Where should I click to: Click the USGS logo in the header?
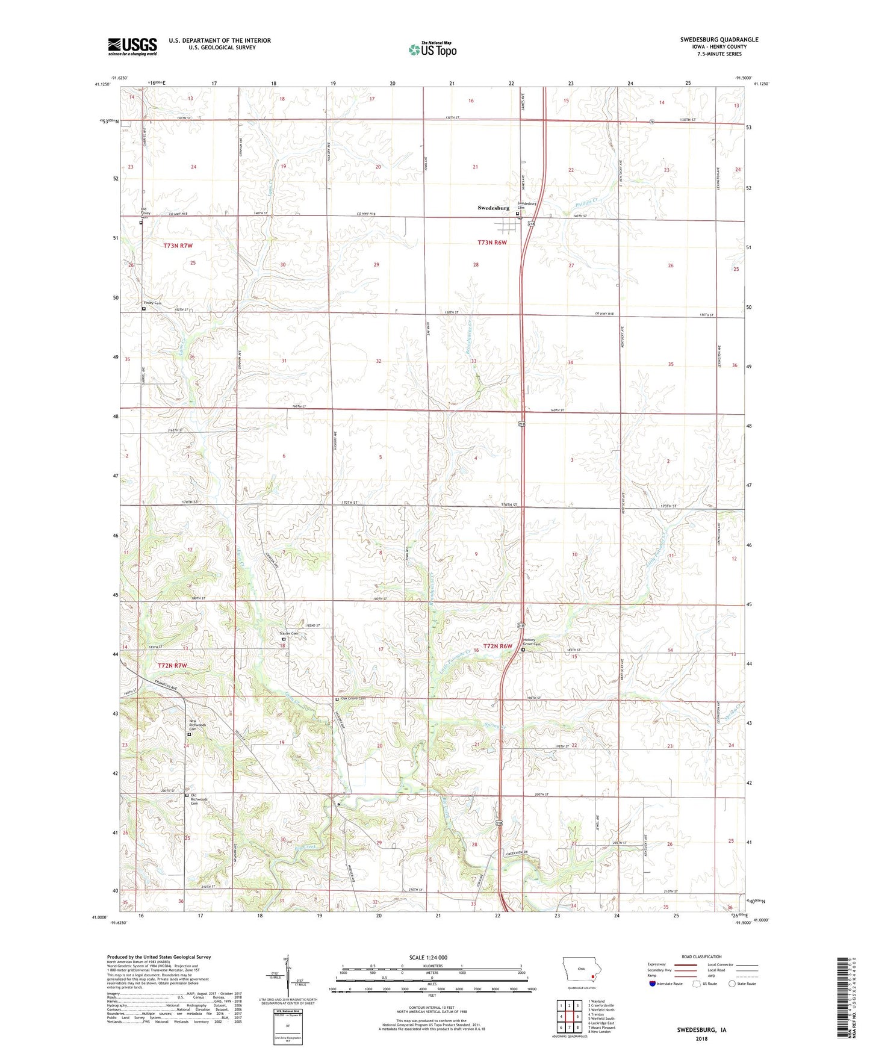[x=132, y=46]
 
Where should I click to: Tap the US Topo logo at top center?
[x=432, y=49]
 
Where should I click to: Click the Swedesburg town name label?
[x=493, y=208]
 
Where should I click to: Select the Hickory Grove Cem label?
[x=533, y=642]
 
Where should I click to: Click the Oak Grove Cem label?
[x=353, y=698]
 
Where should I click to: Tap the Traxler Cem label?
[x=288, y=634]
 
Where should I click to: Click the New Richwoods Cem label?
[x=197, y=725]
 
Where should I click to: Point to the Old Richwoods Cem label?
[x=199, y=800]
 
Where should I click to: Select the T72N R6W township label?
[x=497, y=646]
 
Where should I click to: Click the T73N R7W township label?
[x=178, y=246]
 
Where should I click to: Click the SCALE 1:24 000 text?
[x=428, y=958]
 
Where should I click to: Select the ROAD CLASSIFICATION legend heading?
[x=701, y=956]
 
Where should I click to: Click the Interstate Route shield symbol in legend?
[x=653, y=984]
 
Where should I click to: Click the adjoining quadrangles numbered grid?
[x=569, y=1017]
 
